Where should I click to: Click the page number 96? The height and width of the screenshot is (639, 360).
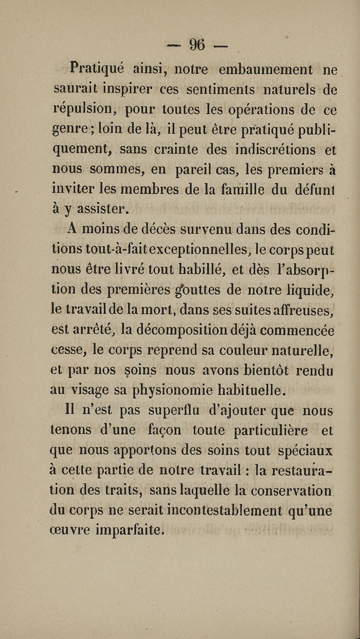197,45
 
